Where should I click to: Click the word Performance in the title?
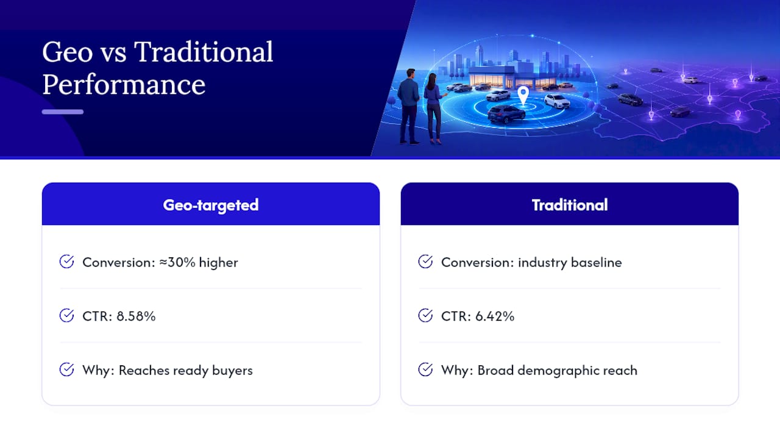[124, 84]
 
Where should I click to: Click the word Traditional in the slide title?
[204, 52]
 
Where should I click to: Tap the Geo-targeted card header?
[211, 205]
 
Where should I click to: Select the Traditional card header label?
[570, 205]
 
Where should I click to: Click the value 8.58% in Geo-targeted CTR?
[136, 316]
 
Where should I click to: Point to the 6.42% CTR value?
[495, 316]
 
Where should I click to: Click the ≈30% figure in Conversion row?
[177, 262]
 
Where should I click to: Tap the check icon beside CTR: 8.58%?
[66, 316]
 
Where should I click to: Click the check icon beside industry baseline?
[425, 262]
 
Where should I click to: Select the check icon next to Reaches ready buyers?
[66, 369]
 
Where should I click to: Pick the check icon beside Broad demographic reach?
[425, 369]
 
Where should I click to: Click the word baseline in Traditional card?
[596, 262]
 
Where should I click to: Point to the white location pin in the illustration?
[523, 95]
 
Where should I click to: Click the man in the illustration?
[409, 106]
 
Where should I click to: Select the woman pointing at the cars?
[434, 109]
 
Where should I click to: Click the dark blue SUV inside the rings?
[506, 114]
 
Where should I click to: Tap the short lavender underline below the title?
[63, 112]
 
